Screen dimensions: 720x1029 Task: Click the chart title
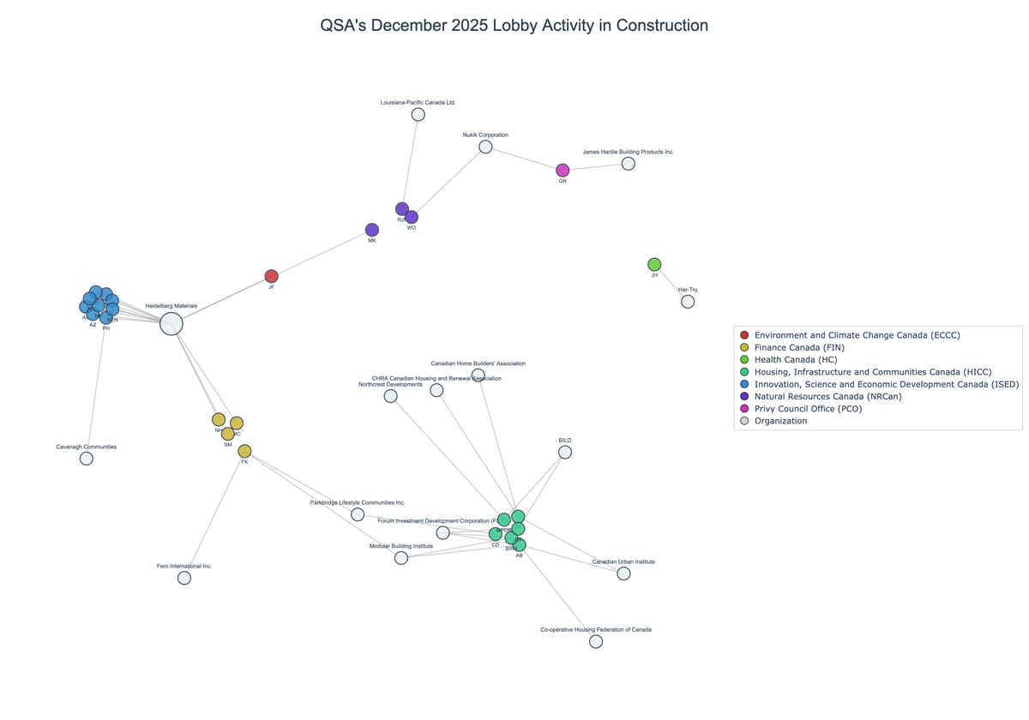[514, 26]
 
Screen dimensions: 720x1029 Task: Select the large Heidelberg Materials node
[171, 323]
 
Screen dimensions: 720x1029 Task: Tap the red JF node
[271, 276]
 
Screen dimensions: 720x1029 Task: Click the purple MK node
[372, 230]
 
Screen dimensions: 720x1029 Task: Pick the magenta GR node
[563, 171]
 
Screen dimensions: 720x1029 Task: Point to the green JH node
[654, 264]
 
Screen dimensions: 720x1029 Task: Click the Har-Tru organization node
[688, 302]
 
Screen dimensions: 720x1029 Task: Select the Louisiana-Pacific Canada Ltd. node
[418, 114]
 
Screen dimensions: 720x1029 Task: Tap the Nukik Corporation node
[485, 147]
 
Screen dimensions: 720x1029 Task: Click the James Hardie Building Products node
[629, 164]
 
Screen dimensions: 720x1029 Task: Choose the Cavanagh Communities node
[87, 459]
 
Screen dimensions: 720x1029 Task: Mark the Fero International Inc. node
[184, 578]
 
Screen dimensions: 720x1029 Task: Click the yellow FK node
[244, 451]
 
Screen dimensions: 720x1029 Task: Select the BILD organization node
[565, 452]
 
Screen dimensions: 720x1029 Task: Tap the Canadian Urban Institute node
[623, 573]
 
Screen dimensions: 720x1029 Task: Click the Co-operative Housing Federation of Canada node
[596, 641]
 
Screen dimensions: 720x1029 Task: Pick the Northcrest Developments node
[391, 396]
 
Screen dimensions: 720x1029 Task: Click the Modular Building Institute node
[401, 558]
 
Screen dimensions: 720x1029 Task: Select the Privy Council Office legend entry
[808, 409]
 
